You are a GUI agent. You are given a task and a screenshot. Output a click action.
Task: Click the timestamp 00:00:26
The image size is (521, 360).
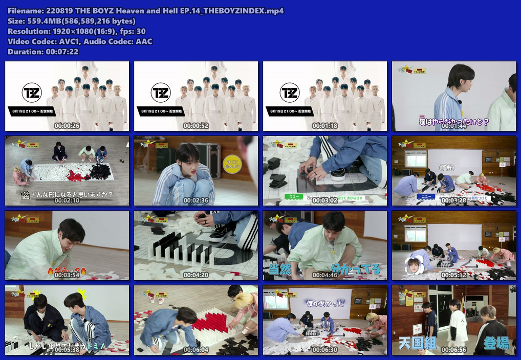pos(67,125)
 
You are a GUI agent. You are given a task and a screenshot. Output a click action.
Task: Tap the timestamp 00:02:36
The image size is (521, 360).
pos(196,200)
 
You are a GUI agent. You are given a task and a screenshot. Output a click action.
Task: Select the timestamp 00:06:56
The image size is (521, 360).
pos(453,350)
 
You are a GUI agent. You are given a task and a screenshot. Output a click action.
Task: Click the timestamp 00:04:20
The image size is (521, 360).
pos(196,275)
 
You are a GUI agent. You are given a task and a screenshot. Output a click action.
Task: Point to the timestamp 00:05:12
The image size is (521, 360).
pos(453,275)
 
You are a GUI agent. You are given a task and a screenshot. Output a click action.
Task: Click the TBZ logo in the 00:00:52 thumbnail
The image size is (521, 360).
pos(160,93)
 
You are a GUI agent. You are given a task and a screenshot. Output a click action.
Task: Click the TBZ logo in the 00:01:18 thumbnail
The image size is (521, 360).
pos(289,93)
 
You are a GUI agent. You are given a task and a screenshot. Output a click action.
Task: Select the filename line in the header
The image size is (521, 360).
pos(145,11)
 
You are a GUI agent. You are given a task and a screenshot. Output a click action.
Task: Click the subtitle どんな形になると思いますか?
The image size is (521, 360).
pos(72,194)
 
